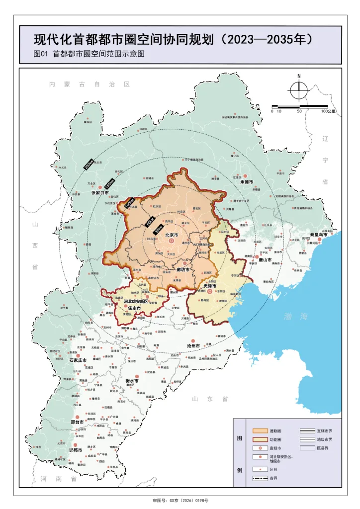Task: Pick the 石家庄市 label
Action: coord(78,360)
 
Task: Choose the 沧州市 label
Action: coord(193,345)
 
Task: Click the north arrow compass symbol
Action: coord(299,90)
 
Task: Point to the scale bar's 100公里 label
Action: coord(328,111)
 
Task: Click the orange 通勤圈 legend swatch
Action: coord(260,430)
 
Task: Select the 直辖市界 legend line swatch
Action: coord(308,430)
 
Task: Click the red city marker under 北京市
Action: coord(172,241)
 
